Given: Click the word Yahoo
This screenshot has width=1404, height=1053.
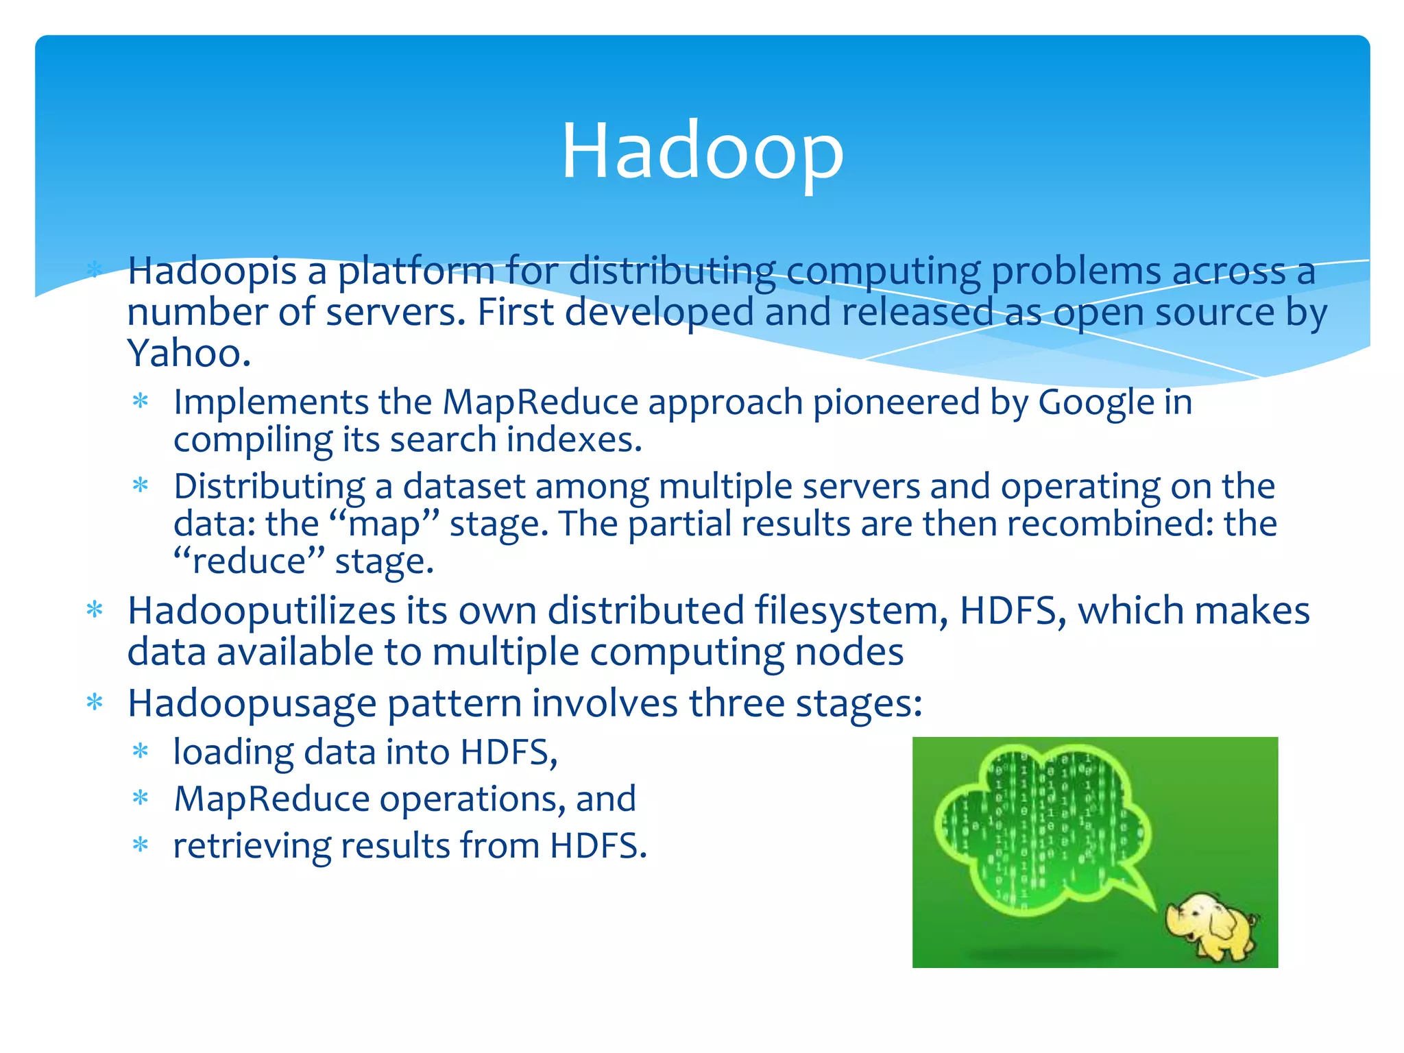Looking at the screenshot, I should (189, 354).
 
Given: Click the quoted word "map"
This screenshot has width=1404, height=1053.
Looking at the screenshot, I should (384, 524).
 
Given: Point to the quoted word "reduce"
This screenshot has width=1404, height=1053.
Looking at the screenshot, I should (249, 561).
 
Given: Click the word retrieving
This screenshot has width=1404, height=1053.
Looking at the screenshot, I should (252, 846).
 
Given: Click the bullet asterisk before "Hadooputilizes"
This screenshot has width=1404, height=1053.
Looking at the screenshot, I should (95, 609).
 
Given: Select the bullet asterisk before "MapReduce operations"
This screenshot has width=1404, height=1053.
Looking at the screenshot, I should (141, 798).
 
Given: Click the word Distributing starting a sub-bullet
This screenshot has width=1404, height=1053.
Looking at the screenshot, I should (269, 487).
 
